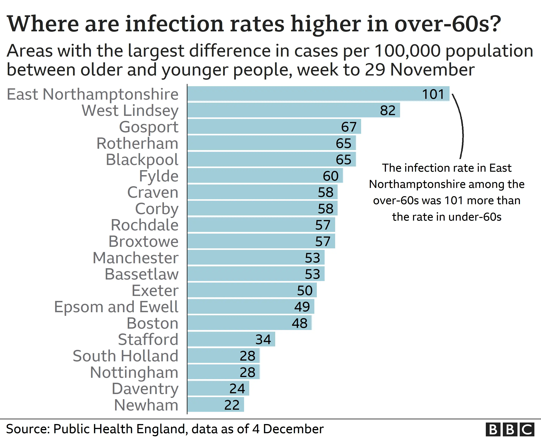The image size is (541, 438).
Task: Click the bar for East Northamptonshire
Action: click(x=302, y=94)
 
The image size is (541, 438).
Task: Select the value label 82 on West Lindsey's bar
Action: click(x=387, y=110)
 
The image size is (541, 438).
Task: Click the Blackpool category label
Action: click(x=142, y=160)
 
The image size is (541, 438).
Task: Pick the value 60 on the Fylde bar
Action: click(x=331, y=176)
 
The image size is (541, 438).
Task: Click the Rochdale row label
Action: click(x=145, y=225)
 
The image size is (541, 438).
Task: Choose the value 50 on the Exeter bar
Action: click(x=305, y=290)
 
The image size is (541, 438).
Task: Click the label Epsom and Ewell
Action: click(x=116, y=307)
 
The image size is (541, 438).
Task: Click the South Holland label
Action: click(x=125, y=356)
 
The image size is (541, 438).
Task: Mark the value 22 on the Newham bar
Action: click(x=232, y=405)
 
